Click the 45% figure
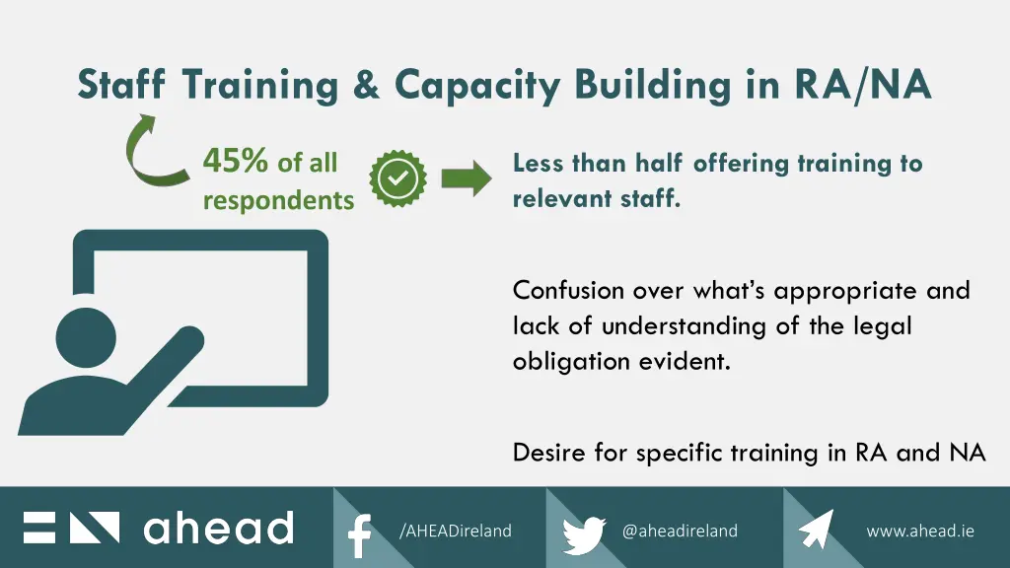[x=235, y=161]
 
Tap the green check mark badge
[x=397, y=178]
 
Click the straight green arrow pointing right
[x=466, y=178]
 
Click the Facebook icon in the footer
[x=359, y=535]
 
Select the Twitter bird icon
[x=584, y=534]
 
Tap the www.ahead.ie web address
[x=919, y=531]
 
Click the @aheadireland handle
[x=680, y=531]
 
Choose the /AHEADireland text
[x=456, y=531]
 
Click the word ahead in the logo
[x=218, y=529]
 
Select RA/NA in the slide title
[x=862, y=85]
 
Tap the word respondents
[x=278, y=200]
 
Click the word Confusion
[x=568, y=291]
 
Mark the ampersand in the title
[x=366, y=85]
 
